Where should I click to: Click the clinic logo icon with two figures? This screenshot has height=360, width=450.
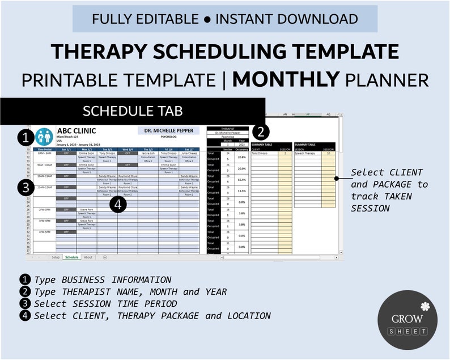coord(44,136)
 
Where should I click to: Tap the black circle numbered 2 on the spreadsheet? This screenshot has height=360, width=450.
coord(260,132)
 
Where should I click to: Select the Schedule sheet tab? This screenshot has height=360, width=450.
coord(72,257)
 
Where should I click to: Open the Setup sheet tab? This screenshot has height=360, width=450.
coord(56,257)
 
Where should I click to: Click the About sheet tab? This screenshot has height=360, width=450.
coord(88,257)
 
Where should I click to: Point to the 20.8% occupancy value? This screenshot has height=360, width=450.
coord(242,157)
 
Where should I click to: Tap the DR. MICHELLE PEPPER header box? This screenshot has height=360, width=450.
coord(168,130)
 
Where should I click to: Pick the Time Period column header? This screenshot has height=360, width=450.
coord(45,149)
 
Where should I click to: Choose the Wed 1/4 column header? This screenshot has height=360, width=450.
coord(128,149)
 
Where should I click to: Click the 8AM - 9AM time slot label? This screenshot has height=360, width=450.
coord(45,153)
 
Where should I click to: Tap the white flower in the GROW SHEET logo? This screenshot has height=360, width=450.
coord(424,306)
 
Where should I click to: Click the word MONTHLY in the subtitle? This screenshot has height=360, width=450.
coord(286,79)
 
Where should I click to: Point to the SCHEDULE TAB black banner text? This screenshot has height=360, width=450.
coord(133,111)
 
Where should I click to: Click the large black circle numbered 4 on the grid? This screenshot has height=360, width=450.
coord(118,204)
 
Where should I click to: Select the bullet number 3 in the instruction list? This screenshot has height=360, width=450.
coord(25,303)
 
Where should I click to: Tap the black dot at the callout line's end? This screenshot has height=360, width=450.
coord(336,178)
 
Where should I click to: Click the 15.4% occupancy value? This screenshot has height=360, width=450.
coord(242,180)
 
